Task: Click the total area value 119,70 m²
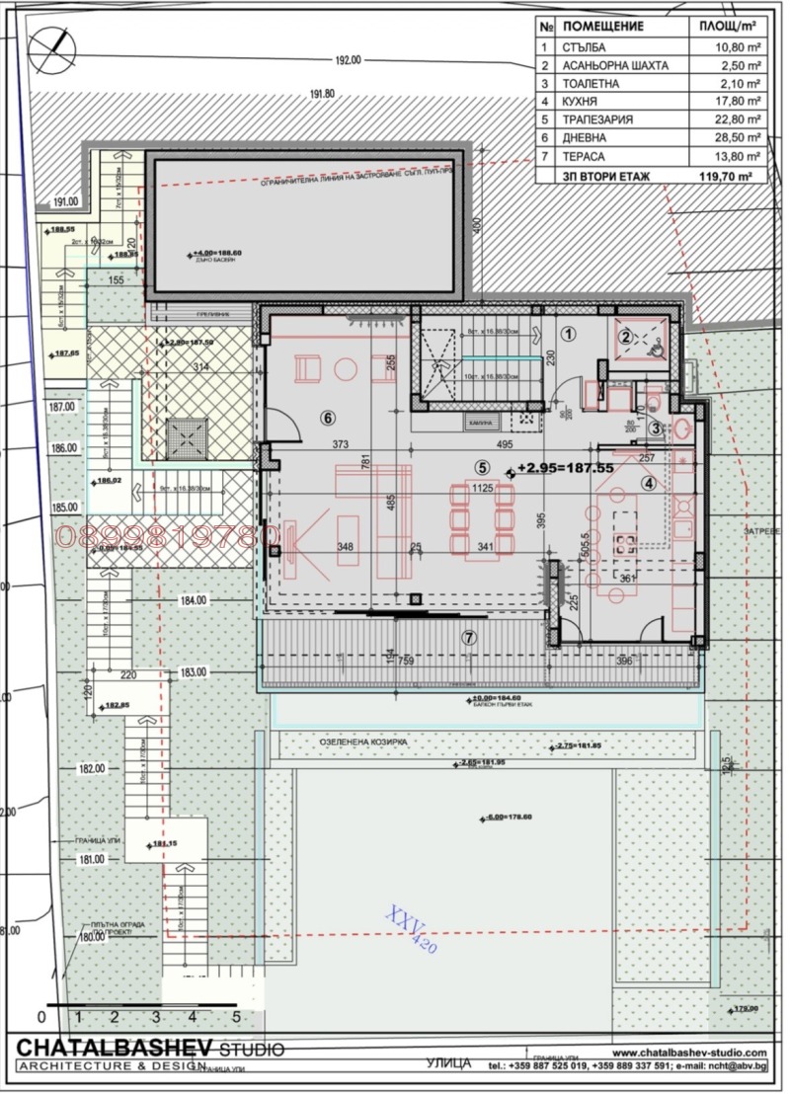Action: [726, 175]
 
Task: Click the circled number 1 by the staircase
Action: [569, 334]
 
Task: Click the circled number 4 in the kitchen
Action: [649, 483]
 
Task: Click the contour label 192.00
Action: [349, 60]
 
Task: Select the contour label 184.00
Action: [194, 599]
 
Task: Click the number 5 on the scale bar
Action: [235, 1015]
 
